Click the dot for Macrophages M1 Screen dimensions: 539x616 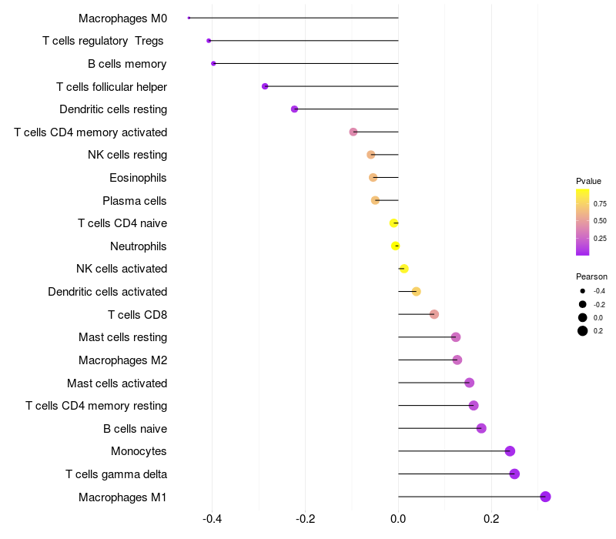(545, 497)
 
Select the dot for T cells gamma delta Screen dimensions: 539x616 (514, 474)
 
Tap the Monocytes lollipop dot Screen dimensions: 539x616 (510, 451)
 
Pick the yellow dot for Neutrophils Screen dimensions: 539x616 (396, 246)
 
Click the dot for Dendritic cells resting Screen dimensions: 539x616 (294, 109)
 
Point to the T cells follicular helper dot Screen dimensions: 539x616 (265, 86)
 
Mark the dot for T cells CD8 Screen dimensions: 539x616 (434, 314)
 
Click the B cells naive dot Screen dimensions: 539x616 (481, 428)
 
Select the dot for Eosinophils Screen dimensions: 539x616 (373, 178)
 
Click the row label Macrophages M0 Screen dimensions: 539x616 (122, 18)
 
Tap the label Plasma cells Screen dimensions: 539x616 (135, 201)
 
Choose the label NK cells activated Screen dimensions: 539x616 (122, 269)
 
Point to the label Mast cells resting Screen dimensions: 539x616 (122, 337)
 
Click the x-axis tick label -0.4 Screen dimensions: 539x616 (213, 519)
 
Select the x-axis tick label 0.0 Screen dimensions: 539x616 (398, 519)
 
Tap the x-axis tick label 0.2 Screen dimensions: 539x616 (491, 519)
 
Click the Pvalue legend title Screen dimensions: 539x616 (588, 181)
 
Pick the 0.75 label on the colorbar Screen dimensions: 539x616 (600, 204)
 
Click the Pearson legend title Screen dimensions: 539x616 (591, 276)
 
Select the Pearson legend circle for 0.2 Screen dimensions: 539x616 (583, 331)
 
